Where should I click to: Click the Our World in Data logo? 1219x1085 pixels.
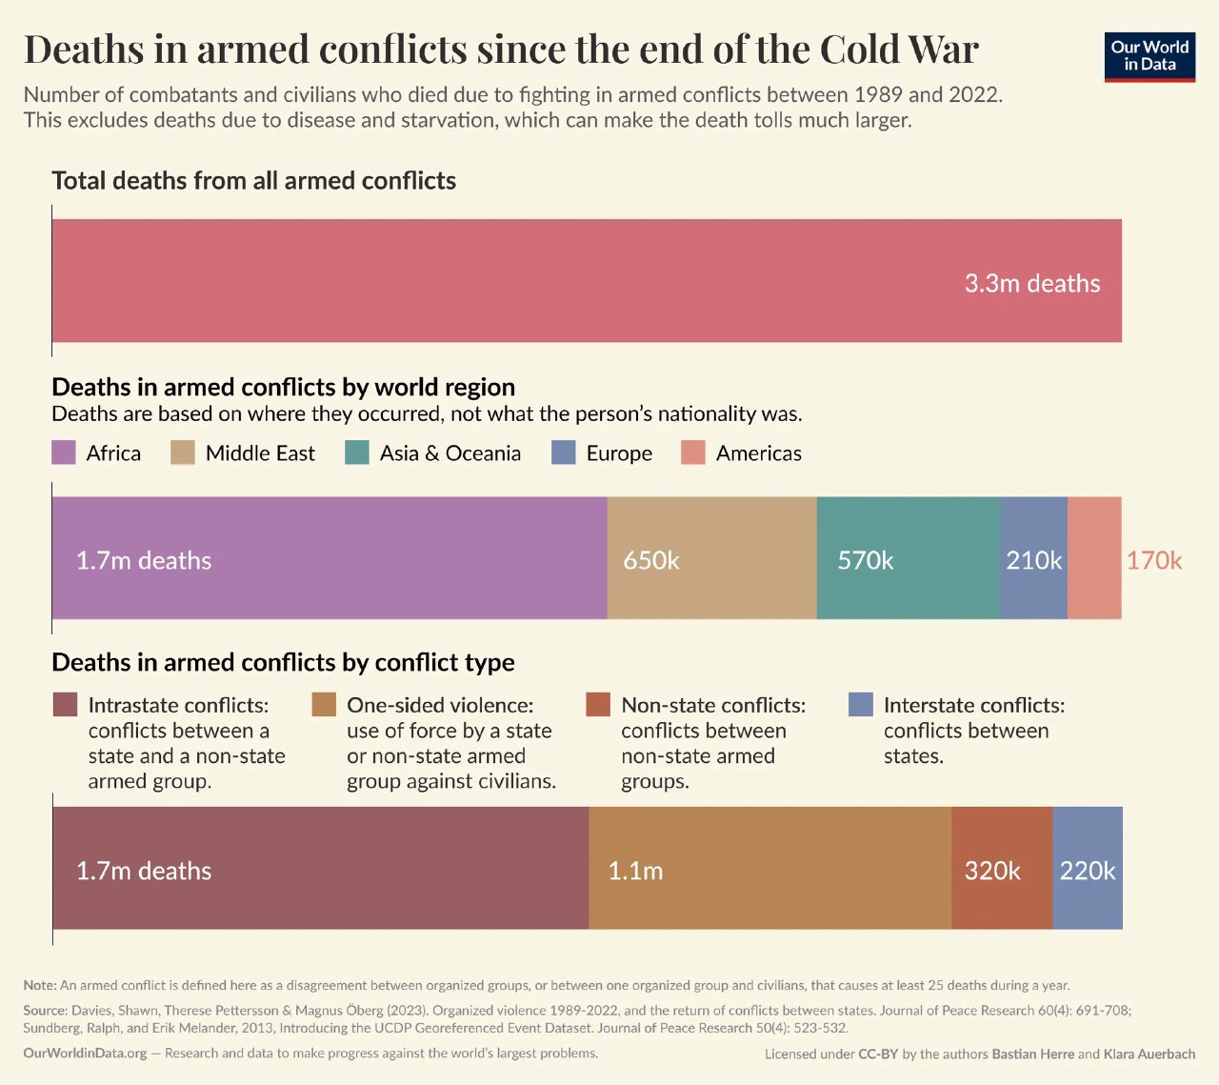(x=1149, y=56)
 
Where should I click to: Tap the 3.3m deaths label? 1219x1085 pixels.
(x=1031, y=283)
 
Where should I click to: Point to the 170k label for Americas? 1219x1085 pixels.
(x=1153, y=560)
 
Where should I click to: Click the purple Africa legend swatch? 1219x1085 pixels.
(x=64, y=452)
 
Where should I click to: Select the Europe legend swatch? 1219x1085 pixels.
(x=564, y=452)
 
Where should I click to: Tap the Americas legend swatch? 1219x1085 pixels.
(x=693, y=452)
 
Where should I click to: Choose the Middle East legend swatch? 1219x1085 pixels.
(x=183, y=452)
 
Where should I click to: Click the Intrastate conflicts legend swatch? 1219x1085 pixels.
(x=65, y=705)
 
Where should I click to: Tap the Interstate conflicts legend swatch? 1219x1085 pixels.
(x=860, y=705)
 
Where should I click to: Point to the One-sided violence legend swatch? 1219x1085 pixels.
(x=324, y=705)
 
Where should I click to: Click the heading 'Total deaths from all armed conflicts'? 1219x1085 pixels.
(x=253, y=181)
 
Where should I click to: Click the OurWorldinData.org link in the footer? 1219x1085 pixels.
(x=85, y=1053)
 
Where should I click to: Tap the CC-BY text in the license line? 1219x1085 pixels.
(x=878, y=1055)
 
